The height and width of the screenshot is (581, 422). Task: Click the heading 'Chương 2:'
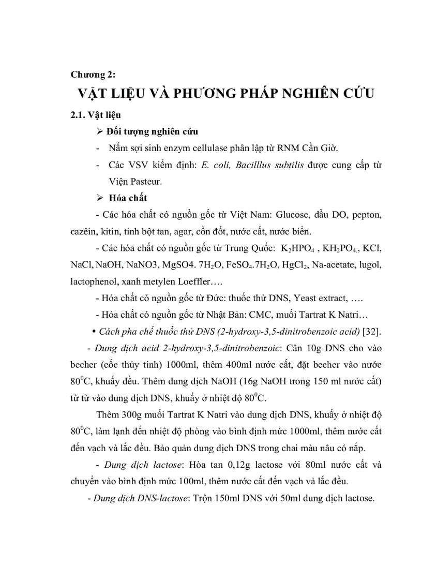click(93, 75)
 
